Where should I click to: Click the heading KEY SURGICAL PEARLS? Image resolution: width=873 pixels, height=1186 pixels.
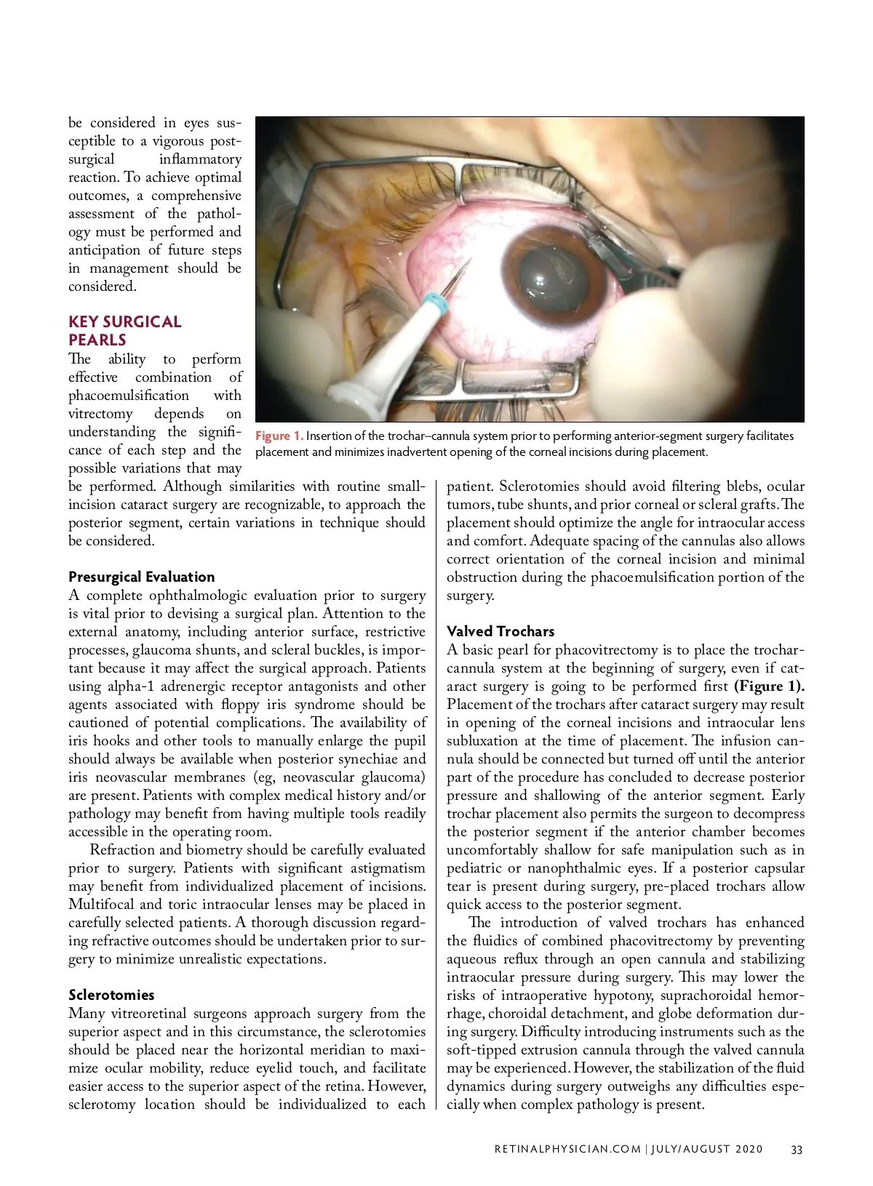pyautogui.click(x=124, y=331)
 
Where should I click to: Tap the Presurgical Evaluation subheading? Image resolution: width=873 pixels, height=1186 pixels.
pyautogui.click(x=142, y=577)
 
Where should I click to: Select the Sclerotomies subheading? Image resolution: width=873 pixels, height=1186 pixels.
pyautogui.click(x=111, y=995)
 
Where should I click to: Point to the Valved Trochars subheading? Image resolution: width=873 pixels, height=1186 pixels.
pyautogui.click(x=501, y=631)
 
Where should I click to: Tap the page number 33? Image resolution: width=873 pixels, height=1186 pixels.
pyautogui.click(x=797, y=1150)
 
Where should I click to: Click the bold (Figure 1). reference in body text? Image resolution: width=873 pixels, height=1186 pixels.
pyautogui.click(x=769, y=686)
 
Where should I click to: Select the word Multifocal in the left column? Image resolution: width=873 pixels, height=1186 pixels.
pyautogui.click(x=100, y=905)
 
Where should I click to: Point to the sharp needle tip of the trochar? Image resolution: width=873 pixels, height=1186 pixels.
pyautogui.click(x=469, y=260)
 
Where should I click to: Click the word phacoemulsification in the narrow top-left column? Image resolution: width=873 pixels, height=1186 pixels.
pyautogui.click(x=128, y=396)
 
